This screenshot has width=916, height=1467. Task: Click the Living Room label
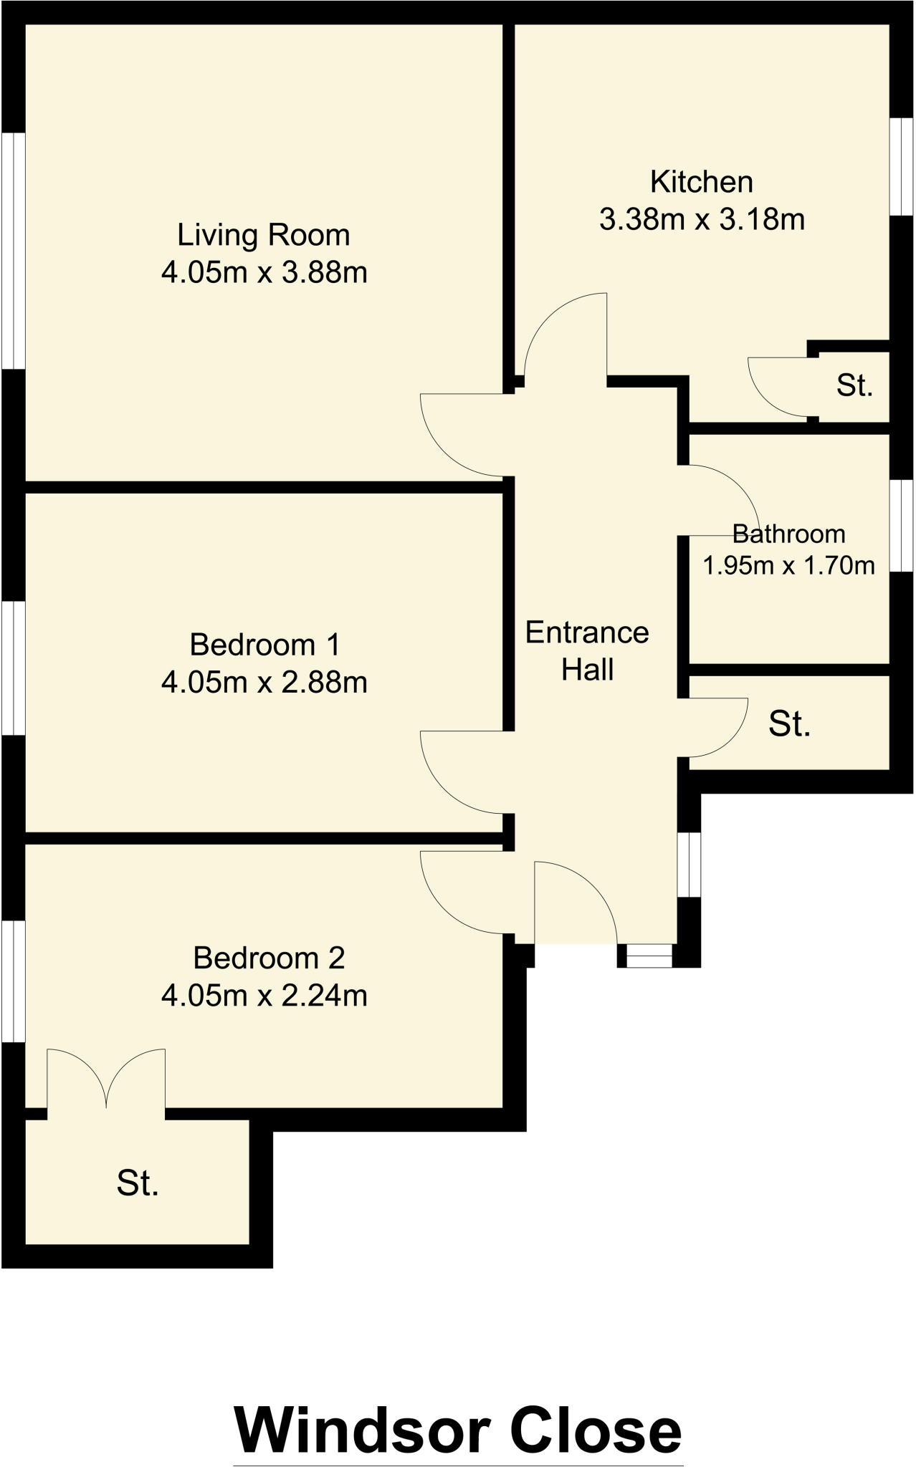(x=263, y=235)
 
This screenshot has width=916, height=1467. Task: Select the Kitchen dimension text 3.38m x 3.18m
(x=702, y=219)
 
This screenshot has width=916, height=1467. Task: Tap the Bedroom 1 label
(x=264, y=645)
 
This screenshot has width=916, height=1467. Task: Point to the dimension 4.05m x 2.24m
(x=264, y=996)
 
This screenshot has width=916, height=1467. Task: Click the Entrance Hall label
(x=587, y=650)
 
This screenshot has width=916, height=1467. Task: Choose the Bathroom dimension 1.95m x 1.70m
(x=788, y=566)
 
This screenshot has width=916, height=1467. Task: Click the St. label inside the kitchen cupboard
(x=854, y=385)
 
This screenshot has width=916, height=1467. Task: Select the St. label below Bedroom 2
(x=138, y=1183)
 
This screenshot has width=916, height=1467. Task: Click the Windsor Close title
(x=457, y=1430)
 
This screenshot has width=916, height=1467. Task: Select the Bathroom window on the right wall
(x=902, y=525)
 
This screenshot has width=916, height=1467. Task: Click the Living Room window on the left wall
(x=13, y=251)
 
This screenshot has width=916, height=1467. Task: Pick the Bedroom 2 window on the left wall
(x=13, y=981)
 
